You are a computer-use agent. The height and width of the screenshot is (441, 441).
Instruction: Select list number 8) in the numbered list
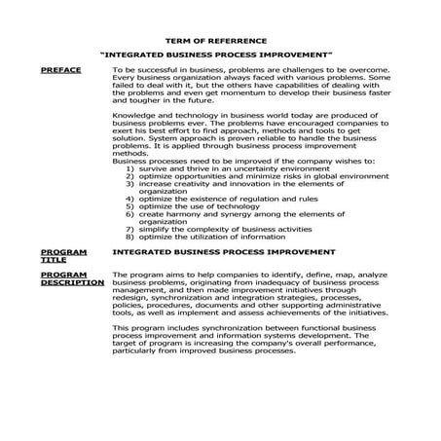[130, 236]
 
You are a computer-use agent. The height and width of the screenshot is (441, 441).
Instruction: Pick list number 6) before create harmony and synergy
[130, 213]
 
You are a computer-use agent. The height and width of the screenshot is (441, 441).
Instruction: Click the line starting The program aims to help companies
[248, 275]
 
